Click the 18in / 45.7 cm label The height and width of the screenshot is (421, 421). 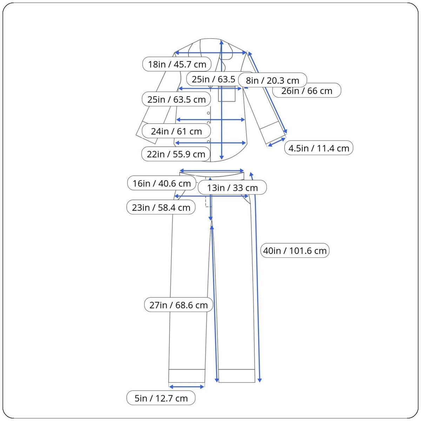coord(177,65)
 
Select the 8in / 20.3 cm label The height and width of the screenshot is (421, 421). coord(272,80)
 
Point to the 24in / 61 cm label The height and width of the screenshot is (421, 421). coord(176,131)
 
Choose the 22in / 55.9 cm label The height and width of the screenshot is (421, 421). coord(176,154)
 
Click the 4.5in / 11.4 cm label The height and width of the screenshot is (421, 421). coord(319,148)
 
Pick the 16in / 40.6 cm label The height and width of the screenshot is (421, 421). coord(161,183)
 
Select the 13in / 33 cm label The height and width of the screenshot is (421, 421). coord(232,188)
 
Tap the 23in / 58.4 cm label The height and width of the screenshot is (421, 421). coord(161,207)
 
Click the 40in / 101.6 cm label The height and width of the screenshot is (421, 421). coord(295,250)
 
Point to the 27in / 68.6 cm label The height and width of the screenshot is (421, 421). coord(179,305)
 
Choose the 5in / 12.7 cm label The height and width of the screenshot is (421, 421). coord(161,398)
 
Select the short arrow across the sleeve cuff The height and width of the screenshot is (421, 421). coord(277,142)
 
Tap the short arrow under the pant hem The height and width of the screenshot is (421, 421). coord(187,387)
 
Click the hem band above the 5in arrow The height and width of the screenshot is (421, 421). coord(187,376)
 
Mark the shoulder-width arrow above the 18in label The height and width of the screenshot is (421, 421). coord(211,53)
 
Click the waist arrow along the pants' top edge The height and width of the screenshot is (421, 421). coord(212,171)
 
